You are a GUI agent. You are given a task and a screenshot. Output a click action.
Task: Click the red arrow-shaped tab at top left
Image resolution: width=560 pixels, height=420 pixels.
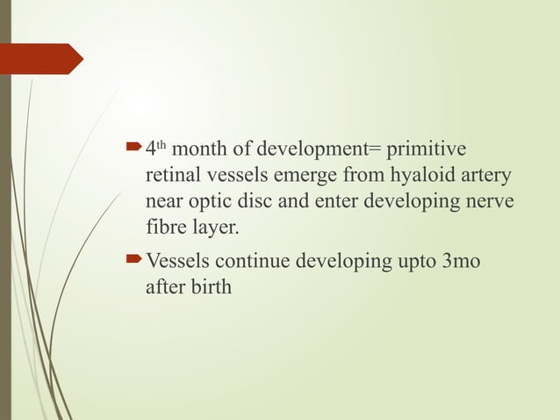click(40, 59)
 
